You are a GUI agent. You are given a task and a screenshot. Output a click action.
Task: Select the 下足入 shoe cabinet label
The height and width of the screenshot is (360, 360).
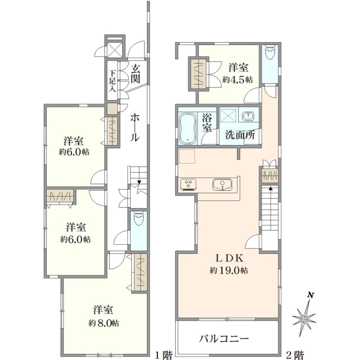[x=112, y=81]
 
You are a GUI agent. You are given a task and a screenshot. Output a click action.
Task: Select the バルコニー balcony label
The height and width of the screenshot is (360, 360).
[x=224, y=338]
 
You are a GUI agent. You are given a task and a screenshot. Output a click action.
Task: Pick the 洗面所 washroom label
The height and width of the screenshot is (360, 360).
[x=240, y=135]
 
